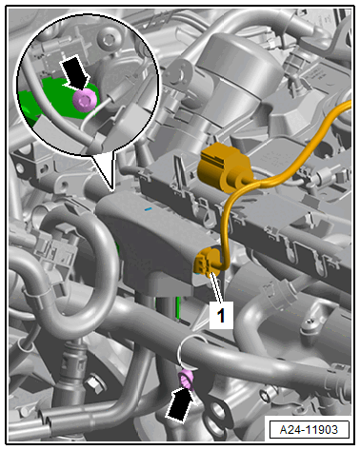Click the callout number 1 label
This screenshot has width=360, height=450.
pyautogui.click(x=221, y=315)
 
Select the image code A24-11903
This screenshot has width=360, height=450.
pyautogui.click(x=309, y=430)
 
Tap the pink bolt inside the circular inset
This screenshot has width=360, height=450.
pyautogui.click(x=85, y=99)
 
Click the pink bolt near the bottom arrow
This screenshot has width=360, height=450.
pyautogui.click(x=186, y=379)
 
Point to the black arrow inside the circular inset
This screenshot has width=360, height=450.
pyautogui.click(x=75, y=71)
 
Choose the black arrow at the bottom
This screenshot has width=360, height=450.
pyautogui.click(x=180, y=404)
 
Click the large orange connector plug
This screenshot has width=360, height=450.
pyautogui.click(x=222, y=167)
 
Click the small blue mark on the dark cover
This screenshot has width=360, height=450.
pyautogui.click(x=148, y=209)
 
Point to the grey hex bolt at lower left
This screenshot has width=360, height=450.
pyautogui.click(x=94, y=382)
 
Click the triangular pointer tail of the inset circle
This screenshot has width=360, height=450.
pyautogui.click(x=104, y=171)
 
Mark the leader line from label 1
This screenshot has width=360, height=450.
pyautogui.click(x=218, y=288)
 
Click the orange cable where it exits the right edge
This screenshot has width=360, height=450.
pyautogui.click(x=346, y=106)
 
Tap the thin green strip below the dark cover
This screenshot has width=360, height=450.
pyautogui.click(x=178, y=307)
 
